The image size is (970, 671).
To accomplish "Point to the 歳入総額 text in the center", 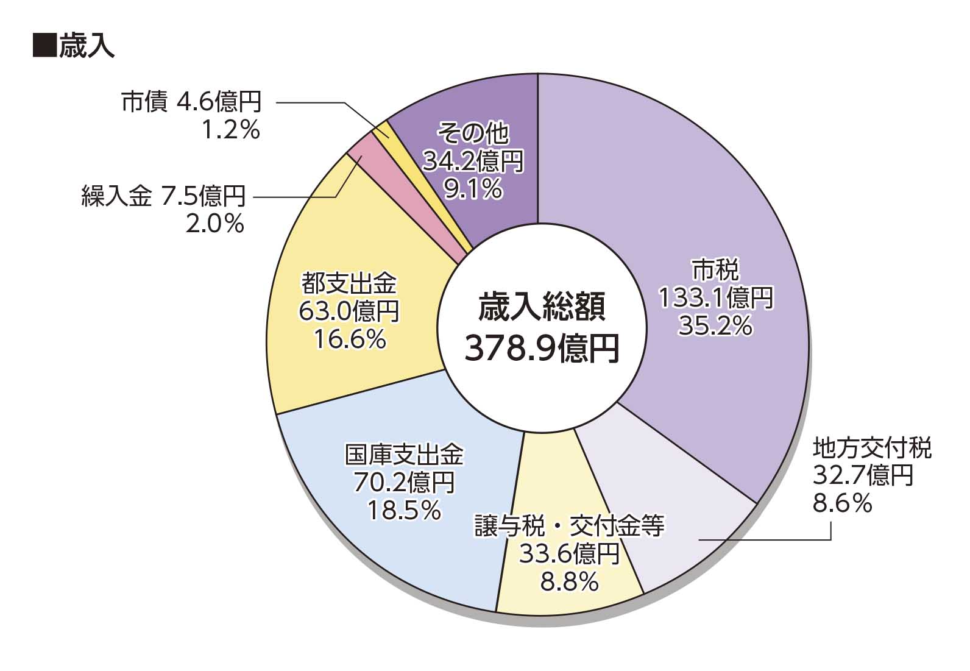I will [x=542, y=307].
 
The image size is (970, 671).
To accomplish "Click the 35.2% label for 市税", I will [x=715, y=326].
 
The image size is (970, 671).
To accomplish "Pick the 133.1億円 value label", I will [x=715, y=298].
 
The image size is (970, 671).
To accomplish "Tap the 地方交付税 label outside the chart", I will [x=872, y=449].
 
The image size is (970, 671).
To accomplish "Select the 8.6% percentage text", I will [x=842, y=503].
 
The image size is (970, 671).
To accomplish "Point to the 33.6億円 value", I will [x=569, y=554].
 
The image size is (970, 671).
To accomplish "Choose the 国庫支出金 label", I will [x=404, y=455].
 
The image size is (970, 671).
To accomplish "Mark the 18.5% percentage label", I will [x=404, y=510].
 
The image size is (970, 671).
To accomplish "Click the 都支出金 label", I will [x=349, y=283].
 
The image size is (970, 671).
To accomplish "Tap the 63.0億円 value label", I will [x=349, y=311].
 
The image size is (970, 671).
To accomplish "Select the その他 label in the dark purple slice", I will [x=473, y=133].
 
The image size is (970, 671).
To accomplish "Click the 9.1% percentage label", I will [x=473, y=190].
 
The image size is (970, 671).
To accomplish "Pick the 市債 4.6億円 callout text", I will [x=191, y=102].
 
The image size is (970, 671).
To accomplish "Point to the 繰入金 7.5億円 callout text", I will [x=163, y=196].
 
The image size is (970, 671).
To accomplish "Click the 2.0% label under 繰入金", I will [x=214, y=224].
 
